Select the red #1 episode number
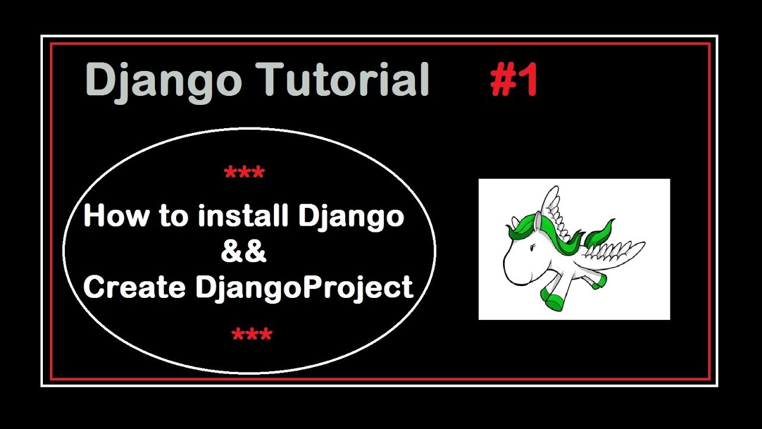514,80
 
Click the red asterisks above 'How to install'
244,174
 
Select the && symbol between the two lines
243,252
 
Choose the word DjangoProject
304,288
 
